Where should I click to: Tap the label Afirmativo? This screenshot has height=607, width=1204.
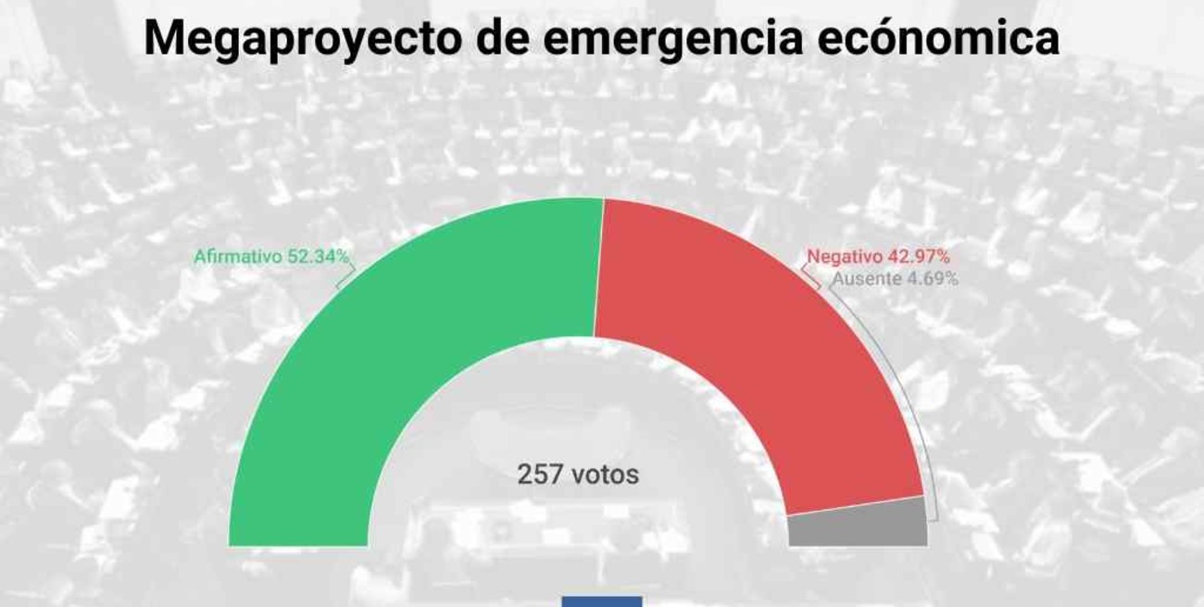[x=236, y=258]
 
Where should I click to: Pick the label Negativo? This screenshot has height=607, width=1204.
[x=840, y=258]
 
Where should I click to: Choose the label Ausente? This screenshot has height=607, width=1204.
[x=865, y=278]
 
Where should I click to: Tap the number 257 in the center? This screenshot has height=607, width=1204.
[x=539, y=475]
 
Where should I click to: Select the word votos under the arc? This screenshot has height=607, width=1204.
[x=605, y=475]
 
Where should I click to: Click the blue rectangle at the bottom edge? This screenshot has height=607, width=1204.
[x=601, y=601]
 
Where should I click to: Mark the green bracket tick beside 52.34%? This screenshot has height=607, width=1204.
[x=344, y=276]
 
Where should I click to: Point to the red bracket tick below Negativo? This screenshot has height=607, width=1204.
[x=810, y=277]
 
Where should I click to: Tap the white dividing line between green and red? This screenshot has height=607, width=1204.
[x=598, y=269]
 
